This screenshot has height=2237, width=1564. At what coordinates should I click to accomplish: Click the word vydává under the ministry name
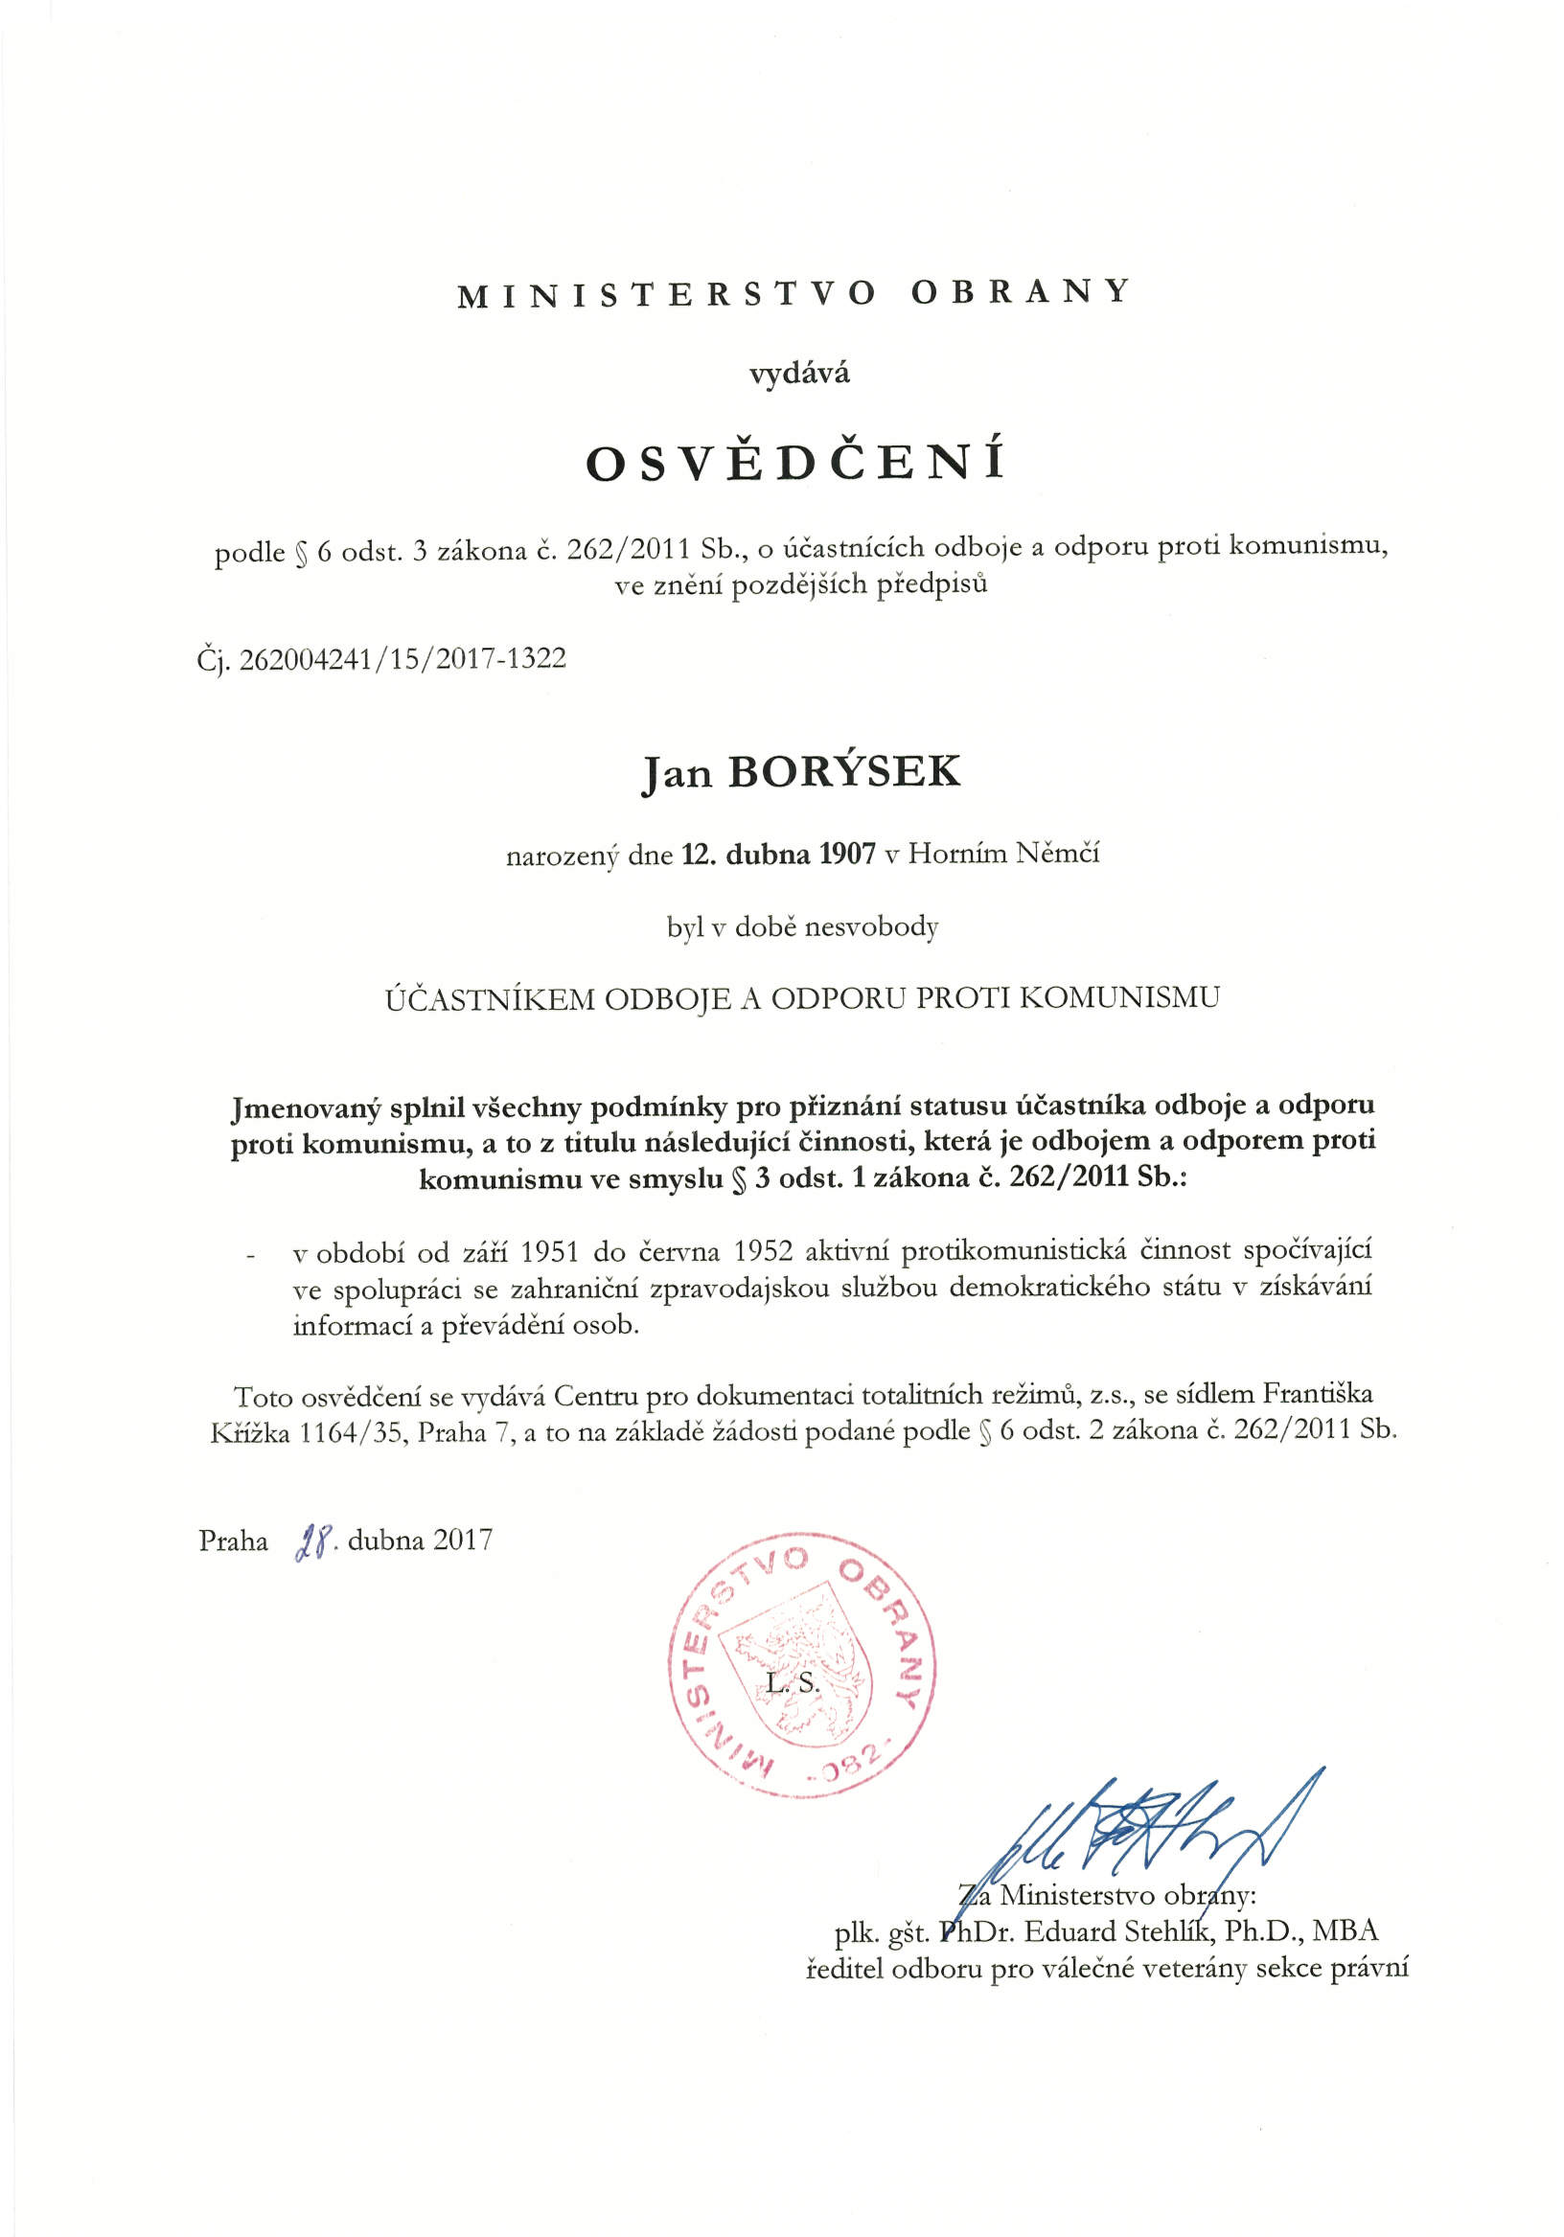tap(799, 374)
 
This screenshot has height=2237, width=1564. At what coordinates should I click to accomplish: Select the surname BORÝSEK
tap(844, 771)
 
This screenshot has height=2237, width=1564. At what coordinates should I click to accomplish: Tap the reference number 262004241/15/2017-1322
tap(402, 659)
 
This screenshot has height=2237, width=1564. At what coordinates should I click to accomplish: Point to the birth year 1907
tap(847, 855)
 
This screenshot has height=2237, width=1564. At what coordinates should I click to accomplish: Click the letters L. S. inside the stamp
tap(793, 1682)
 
